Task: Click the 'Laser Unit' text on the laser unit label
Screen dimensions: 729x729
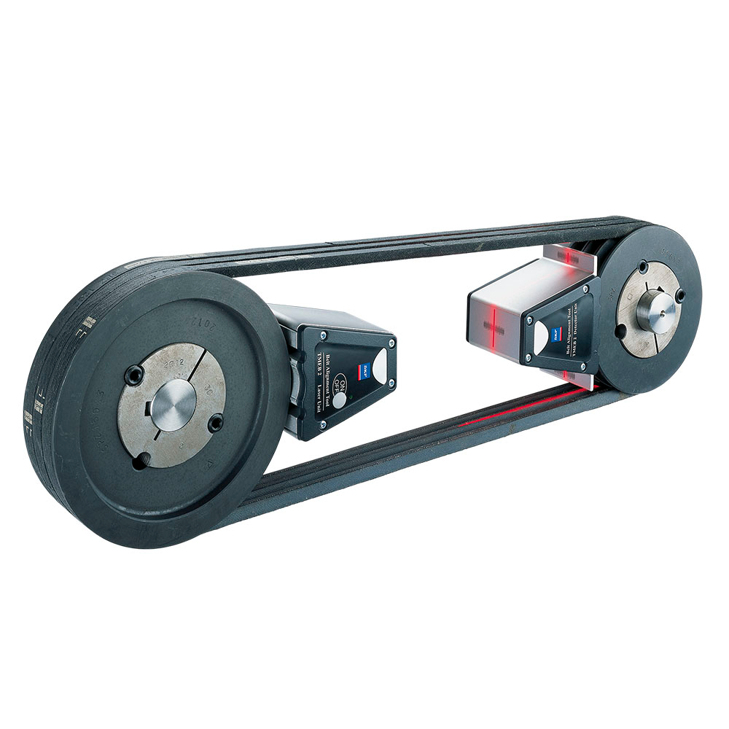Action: coord(321,397)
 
